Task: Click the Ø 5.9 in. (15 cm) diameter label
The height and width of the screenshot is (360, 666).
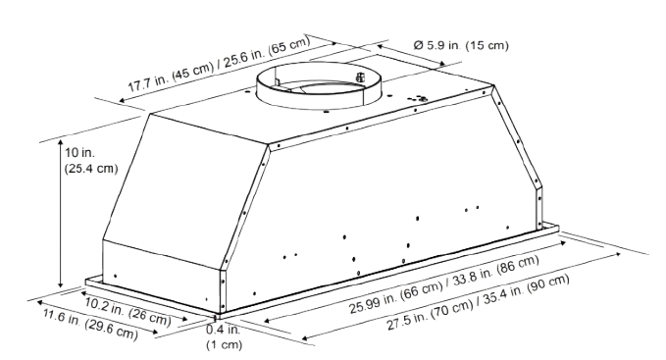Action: (460, 44)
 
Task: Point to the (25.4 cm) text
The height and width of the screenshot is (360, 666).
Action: (91, 169)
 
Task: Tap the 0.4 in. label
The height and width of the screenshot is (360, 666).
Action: (223, 330)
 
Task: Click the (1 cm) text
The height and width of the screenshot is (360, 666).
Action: (225, 344)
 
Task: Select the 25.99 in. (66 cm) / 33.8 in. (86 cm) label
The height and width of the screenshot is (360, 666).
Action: (444, 284)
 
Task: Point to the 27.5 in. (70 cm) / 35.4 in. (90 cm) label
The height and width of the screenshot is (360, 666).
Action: (479, 302)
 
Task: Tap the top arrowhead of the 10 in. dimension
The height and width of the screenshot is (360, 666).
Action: (61, 142)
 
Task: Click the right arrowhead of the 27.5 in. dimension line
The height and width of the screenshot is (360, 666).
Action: (617, 253)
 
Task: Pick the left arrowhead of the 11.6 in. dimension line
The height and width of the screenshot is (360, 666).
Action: (40, 302)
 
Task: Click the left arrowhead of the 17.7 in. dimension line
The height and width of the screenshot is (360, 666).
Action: (123, 101)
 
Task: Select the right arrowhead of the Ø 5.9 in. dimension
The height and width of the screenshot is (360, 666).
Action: (441, 64)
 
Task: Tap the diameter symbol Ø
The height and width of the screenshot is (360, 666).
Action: (418, 44)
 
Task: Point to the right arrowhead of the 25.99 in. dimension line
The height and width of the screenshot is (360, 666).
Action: (562, 243)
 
